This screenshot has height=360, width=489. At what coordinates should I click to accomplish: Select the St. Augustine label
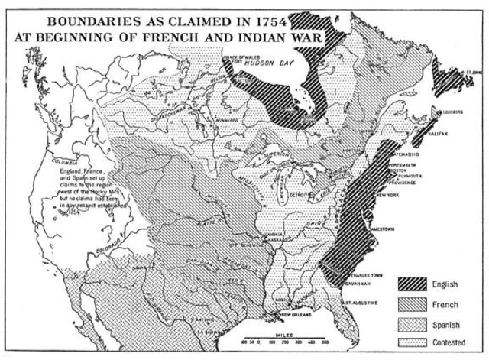[360, 302]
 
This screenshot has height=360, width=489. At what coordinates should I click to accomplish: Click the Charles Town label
[365, 274]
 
